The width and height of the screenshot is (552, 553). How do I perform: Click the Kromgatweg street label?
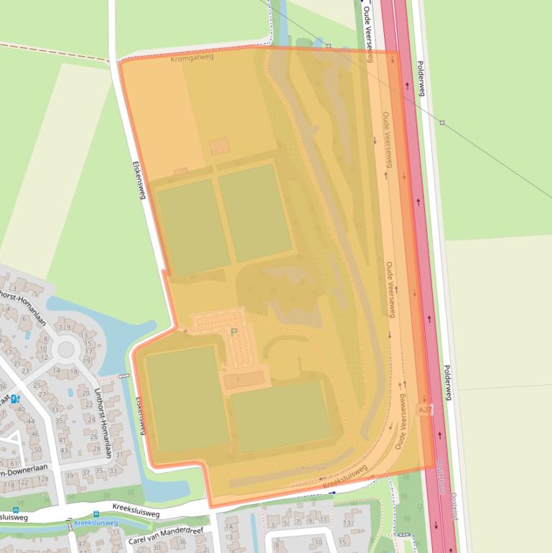pyautogui.click(x=193, y=57)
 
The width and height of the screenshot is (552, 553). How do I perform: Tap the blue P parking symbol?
pyautogui.click(x=233, y=333)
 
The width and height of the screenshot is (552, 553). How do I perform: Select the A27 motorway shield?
pyautogui.click(x=425, y=409)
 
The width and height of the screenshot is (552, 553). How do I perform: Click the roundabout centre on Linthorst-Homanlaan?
pyautogui.click(x=66, y=350)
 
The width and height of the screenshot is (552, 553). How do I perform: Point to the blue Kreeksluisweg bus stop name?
pyautogui.click(x=95, y=523)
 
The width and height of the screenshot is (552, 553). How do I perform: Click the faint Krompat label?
pyautogui.click(x=314, y=468)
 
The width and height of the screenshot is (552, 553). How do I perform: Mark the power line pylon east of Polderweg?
pyautogui.click(x=442, y=123)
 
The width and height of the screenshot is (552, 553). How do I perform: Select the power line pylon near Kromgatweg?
pyautogui.click(x=328, y=46)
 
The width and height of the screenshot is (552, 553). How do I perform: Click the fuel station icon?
pyautogui.click(x=17, y=399)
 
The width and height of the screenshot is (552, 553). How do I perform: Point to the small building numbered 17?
pyautogui.click(x=214, y=152)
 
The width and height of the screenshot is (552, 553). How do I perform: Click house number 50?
pyautogui.click(x=37, y=450)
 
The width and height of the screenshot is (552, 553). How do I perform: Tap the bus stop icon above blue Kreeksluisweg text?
pyautogui.click(x=96, y=514)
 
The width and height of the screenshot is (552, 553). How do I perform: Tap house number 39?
pyautogui.click(x=70, y=475)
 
